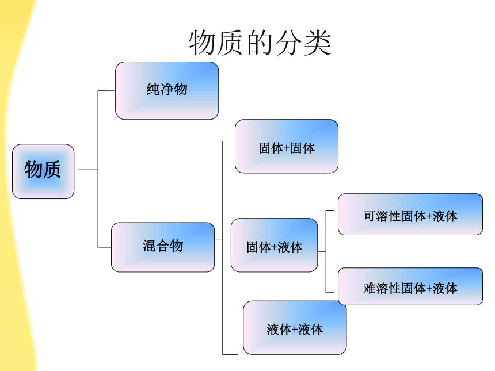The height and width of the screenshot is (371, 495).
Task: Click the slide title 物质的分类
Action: [x=260, y=43]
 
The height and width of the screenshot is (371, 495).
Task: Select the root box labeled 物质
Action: [x=43, y=171]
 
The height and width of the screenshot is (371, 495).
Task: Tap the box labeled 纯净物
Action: [x=167, y=90]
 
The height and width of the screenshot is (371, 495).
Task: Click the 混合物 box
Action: [x=163, y=247]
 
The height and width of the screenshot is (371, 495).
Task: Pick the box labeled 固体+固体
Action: [x=287, y=146]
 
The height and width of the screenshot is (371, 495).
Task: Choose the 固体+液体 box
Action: [x=275, y=245]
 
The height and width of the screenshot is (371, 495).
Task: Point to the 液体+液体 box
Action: [x=295, y=327]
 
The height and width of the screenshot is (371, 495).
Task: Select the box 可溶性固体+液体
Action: [x=410, y=214]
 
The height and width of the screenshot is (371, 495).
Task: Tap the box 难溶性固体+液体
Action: [x=410, y=286]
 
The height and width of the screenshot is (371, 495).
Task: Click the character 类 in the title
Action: [x=318, y=43]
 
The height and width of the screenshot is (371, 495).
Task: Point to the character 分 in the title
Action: [x=289, y=43]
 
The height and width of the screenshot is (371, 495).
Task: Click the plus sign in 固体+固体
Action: [x=287, y=149]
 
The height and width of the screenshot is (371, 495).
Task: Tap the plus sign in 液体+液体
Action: [x=295, y=330]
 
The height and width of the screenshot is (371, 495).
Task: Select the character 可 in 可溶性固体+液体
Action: [x=370, y=216]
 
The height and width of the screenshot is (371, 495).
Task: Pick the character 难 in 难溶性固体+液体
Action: [x=370, y=288]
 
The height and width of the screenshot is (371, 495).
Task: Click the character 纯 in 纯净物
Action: [x=153, y=89]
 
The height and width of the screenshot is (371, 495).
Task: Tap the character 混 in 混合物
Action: [x=149, y=246]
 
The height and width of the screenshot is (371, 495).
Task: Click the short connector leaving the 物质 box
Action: [x=88, y=169]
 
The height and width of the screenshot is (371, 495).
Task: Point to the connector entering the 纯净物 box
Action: [x=106, y=91]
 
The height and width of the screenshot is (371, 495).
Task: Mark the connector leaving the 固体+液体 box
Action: [x=322, y=251]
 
